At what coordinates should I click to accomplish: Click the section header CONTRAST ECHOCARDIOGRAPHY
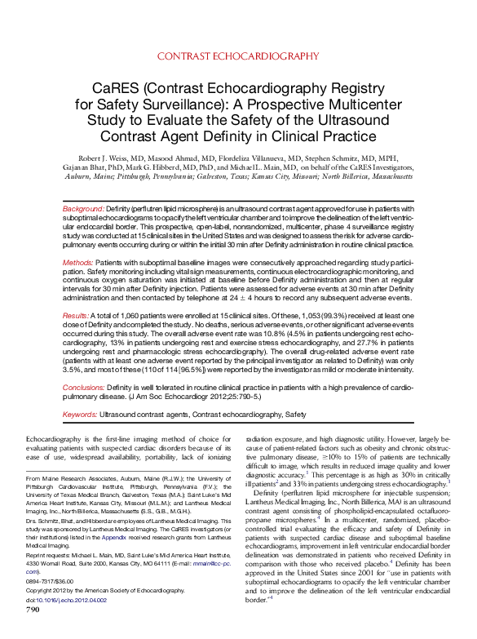(x=237, y=55)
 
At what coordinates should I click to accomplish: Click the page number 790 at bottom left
(x=33, y=631)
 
